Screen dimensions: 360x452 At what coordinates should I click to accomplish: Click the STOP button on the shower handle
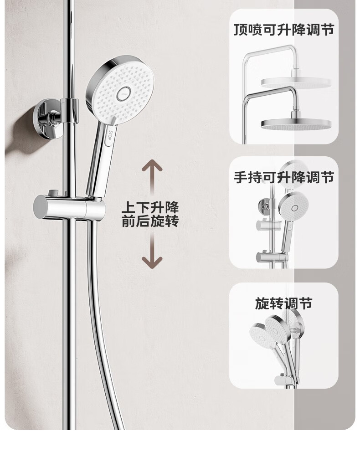(x=108, y=134)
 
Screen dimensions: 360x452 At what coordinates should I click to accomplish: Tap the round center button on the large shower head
(x=124, y=93)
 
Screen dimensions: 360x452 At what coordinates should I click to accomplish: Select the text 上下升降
(x=150, y=207)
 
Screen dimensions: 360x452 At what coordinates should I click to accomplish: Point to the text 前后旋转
(x=150, y=221)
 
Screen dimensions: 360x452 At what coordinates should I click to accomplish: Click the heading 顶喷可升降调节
(x=284, y=30)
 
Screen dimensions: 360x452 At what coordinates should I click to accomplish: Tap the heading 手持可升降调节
(x=284, y=177)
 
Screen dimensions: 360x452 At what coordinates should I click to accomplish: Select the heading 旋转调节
(x=283, y=303)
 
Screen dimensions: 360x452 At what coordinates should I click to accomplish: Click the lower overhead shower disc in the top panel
(x=296, y=124)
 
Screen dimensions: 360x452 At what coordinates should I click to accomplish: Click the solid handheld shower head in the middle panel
(x=294, y=206)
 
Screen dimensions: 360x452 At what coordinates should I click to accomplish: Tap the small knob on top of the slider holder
(x=53, y=193)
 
